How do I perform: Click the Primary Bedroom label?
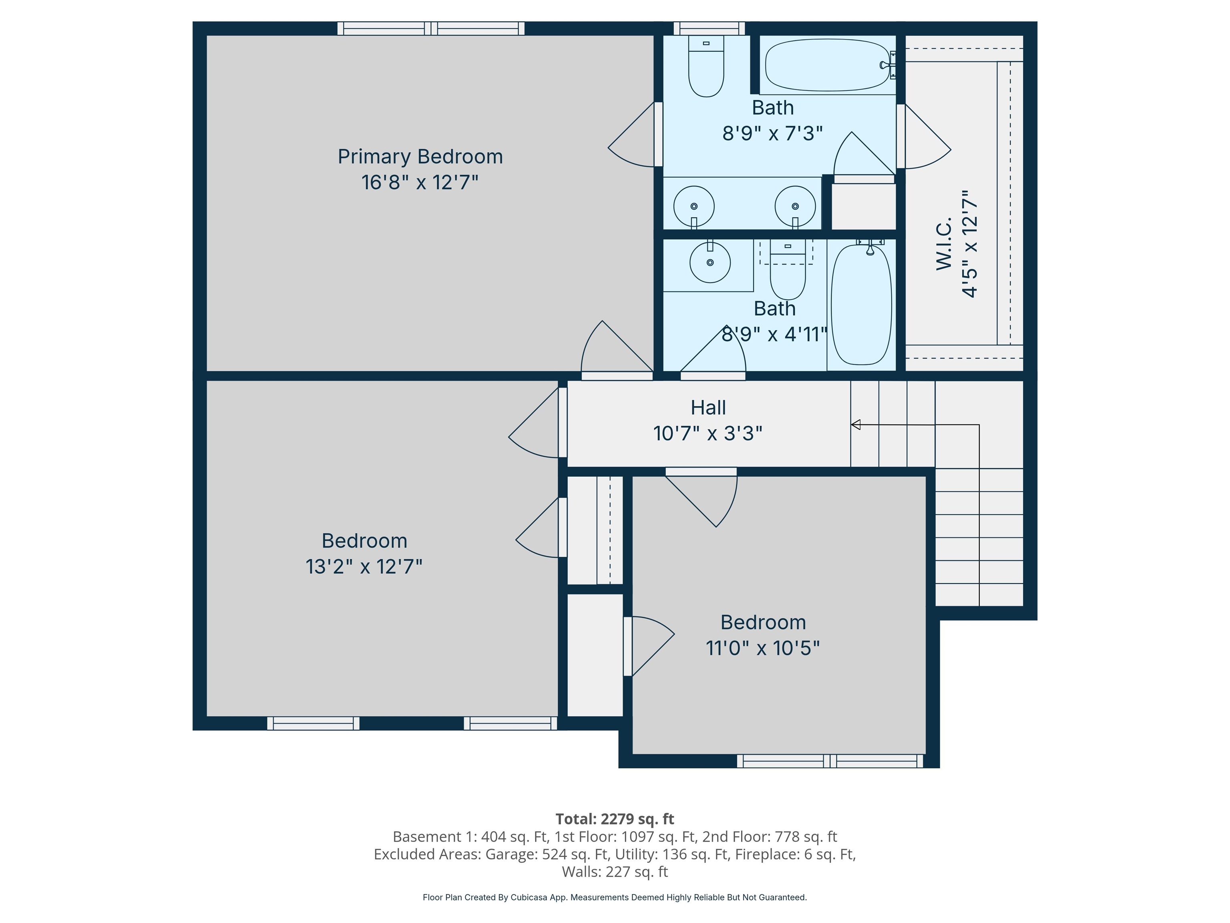click(x=420, y=156)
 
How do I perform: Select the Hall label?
click(x=708, y=407)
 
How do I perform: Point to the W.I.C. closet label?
click(x=944, y=244)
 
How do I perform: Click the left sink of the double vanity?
click(x=693, y=206)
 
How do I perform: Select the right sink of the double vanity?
click(x=795, y=206)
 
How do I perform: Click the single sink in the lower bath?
click(x=709, y=262)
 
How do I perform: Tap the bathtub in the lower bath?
click(x=861, y=305)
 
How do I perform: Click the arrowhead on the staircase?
click(x=856, y=425)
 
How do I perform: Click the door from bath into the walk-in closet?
click(x=923, y=139)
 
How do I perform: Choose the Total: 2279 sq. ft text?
click(x=615, y=819)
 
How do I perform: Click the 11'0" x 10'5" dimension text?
click(x=762, y=648)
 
